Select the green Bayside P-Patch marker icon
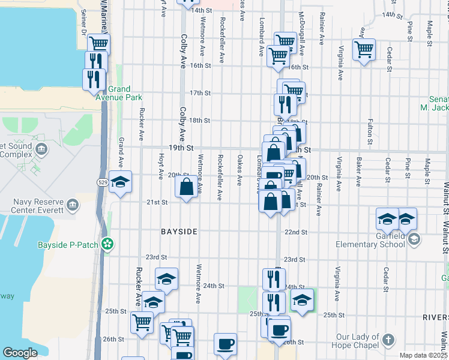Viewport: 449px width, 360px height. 107,244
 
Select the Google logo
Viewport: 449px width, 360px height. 20,353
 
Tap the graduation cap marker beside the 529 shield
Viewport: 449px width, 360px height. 121,182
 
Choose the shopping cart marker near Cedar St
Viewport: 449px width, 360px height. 364,49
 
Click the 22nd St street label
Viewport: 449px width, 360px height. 295,232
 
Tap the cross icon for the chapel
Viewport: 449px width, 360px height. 388,340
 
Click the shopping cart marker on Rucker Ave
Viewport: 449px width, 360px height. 142,322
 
